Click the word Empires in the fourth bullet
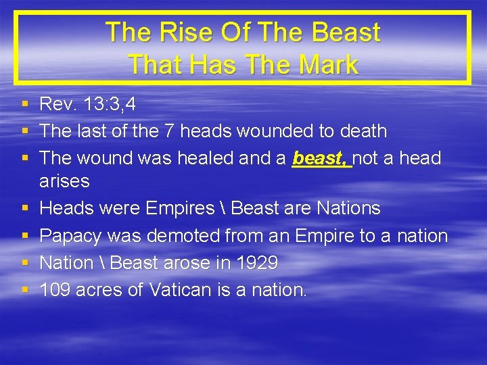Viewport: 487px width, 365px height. click(180, 209)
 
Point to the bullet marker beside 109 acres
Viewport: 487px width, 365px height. click(24, 291)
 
